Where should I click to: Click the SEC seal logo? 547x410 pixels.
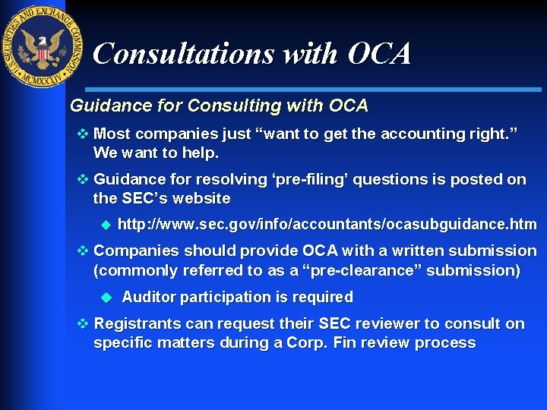coord(43,46)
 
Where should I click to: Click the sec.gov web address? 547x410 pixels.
coord(327,225)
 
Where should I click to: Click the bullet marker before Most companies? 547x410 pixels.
coord(83,134)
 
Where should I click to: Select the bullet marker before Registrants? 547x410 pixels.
coord(83,324)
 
